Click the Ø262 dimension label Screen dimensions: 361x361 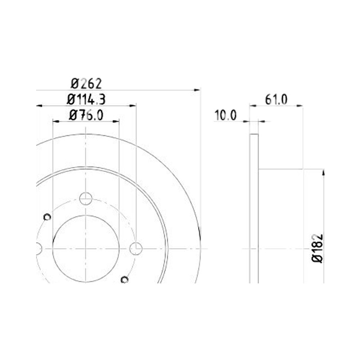86,83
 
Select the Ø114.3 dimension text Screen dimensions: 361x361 86,100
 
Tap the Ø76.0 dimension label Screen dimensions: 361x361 86,115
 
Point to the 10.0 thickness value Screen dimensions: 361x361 225,115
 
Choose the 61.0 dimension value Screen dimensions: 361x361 276,100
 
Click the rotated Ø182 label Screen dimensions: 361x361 318,249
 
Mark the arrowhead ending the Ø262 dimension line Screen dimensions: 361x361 197,90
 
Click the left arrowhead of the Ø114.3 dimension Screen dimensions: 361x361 40,106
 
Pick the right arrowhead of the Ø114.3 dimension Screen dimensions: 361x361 133,106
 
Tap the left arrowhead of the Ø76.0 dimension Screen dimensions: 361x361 56,121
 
